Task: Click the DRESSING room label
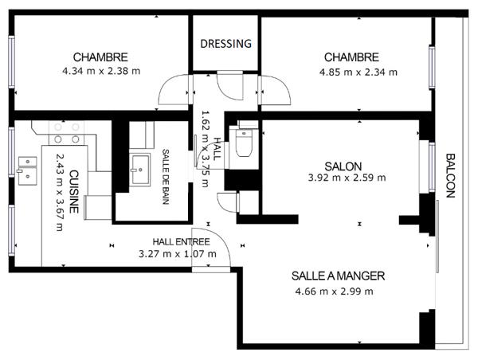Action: [225, 44]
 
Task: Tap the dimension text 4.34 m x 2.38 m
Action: [100, 71]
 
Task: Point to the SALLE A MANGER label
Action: [338, 276]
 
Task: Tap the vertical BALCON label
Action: [450, 174]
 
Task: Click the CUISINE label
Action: [73, 192]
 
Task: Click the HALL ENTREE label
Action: [181, 241]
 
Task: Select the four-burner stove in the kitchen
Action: [66, 132]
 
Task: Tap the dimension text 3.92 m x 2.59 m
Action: [347, 178]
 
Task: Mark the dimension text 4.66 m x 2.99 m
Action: [334, 291]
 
